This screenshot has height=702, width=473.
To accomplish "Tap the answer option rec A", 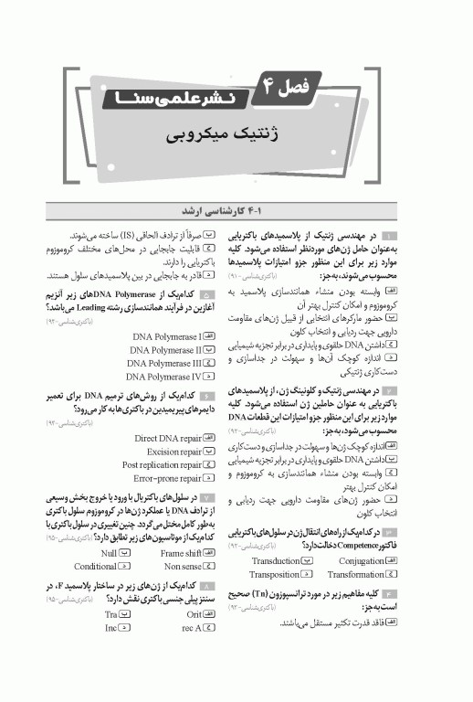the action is (191, 628).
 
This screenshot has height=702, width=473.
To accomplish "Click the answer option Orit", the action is (193, 615).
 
